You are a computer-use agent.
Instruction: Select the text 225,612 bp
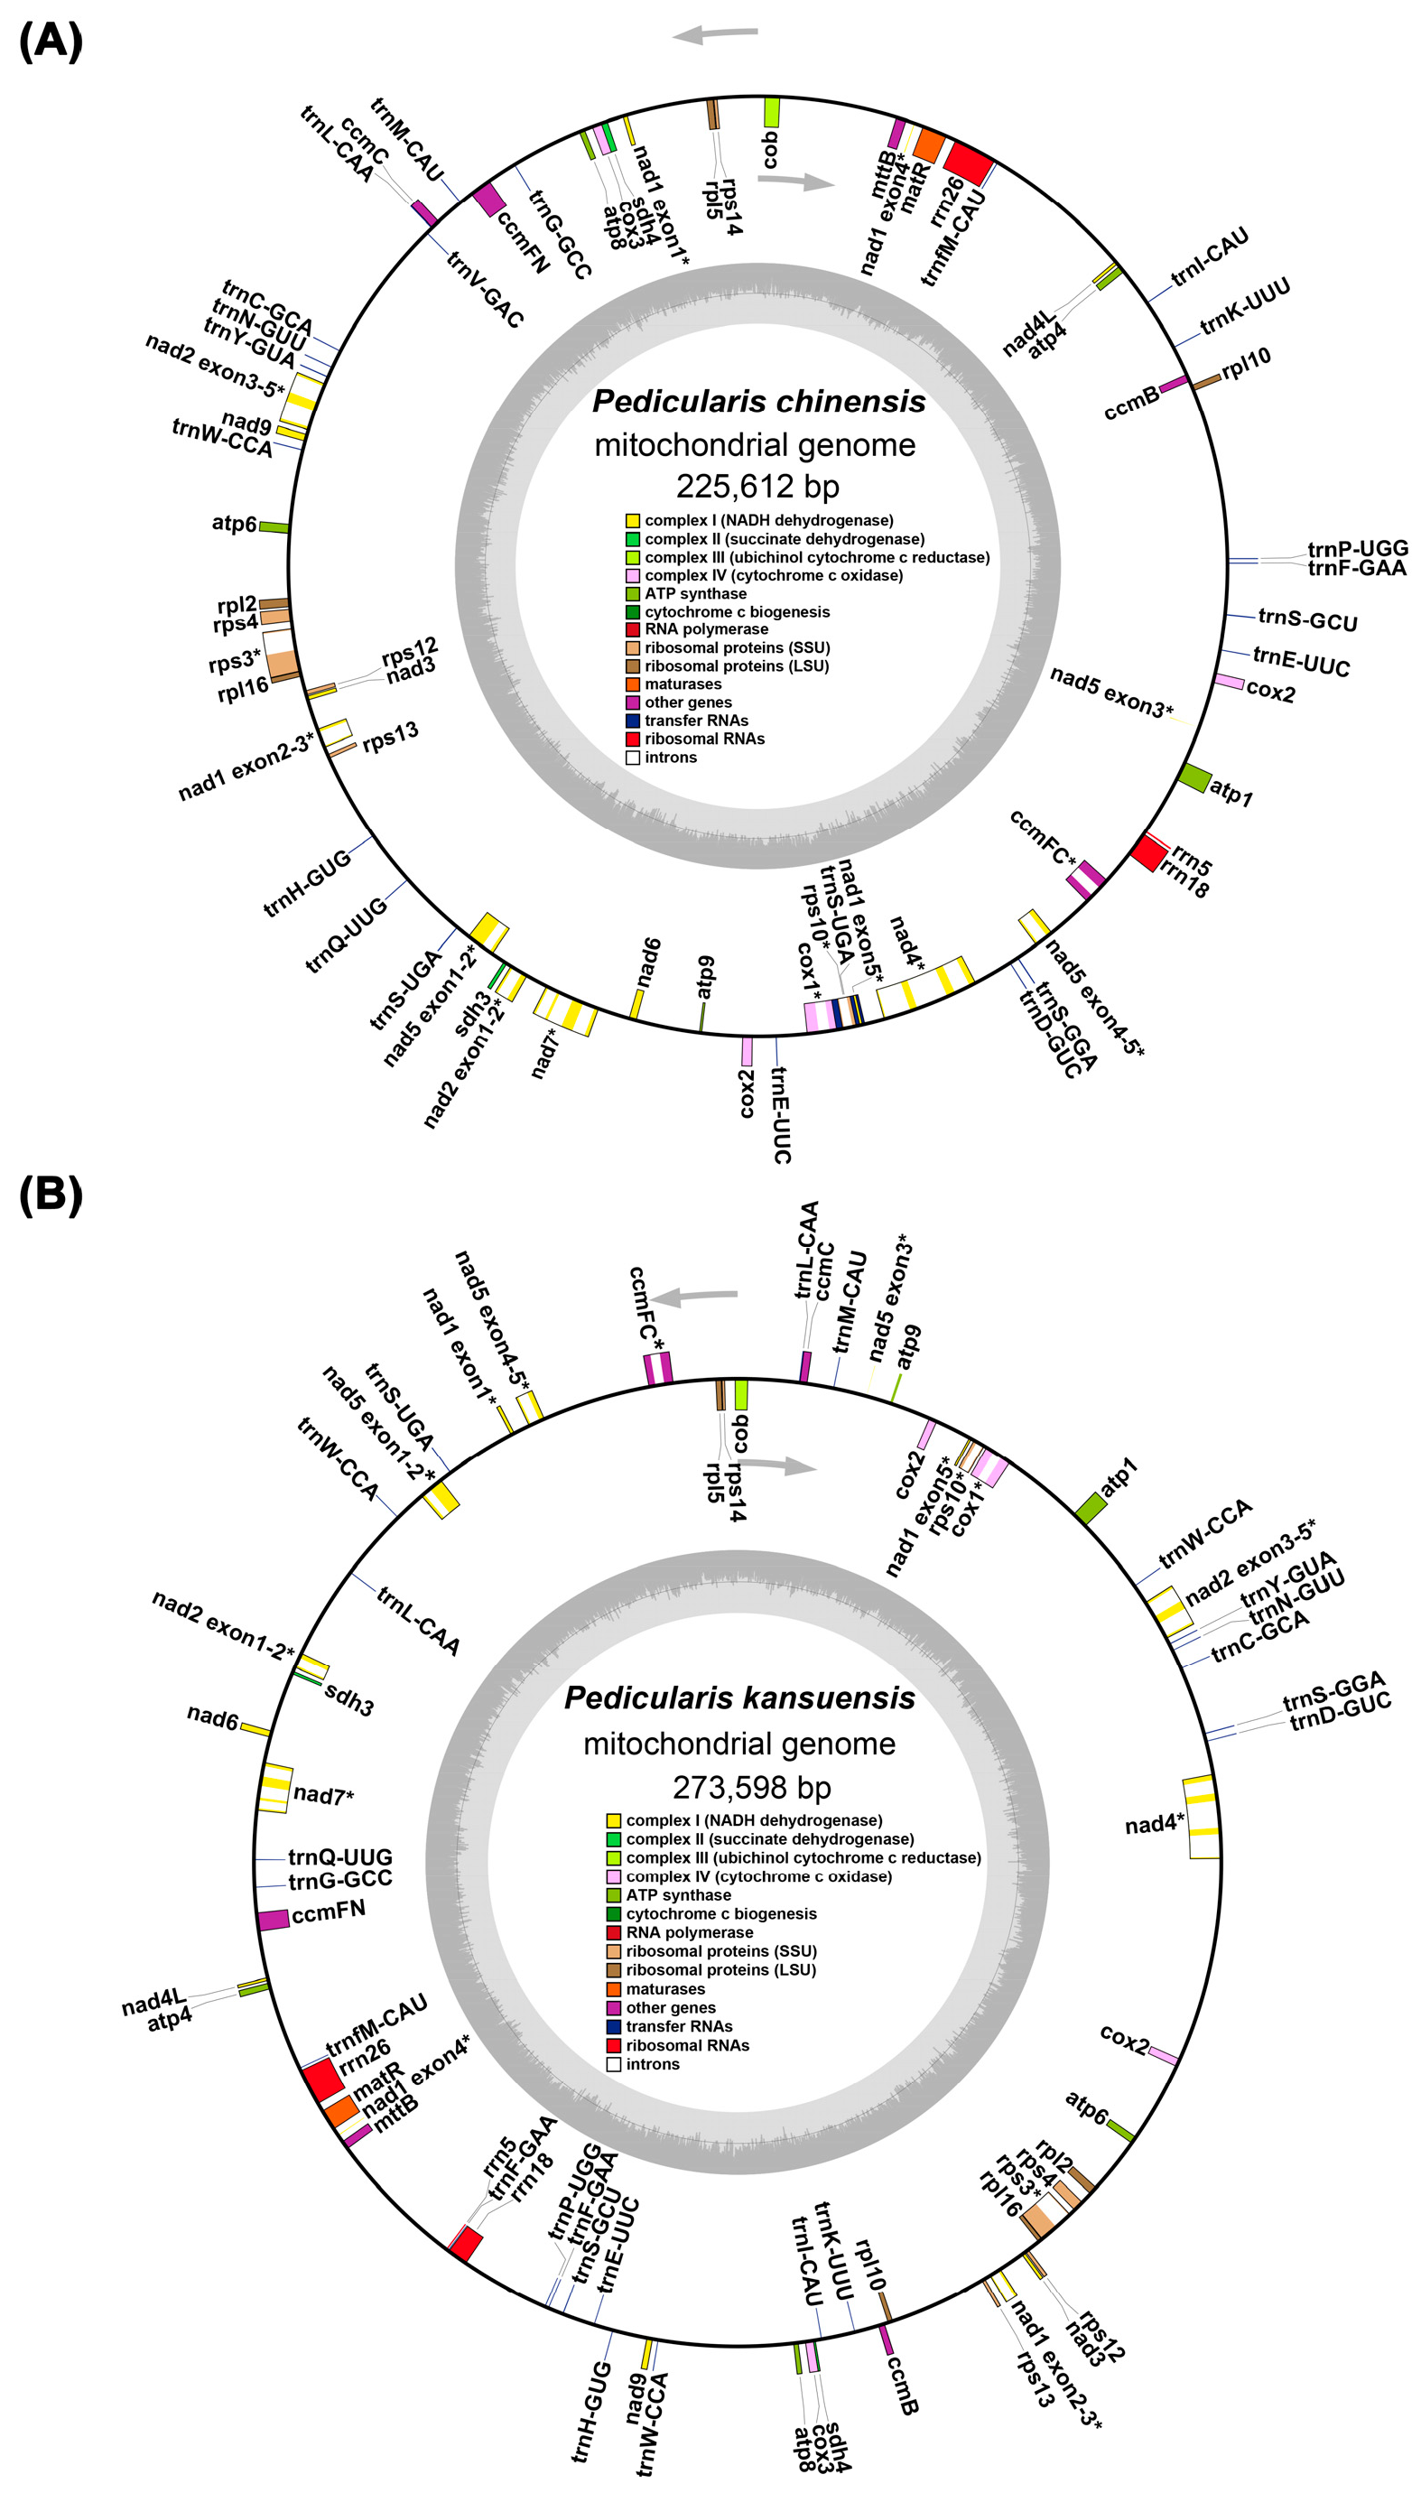tap(757, 486)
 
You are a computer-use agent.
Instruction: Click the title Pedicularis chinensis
tap(758, 401)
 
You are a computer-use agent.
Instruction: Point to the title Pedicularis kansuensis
tap(739, 1698)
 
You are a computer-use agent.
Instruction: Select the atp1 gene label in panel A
tap(1231, 792)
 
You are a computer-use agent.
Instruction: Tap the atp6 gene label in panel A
tap(234, 523)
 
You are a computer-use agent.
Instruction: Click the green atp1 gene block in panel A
tap(1193, 777)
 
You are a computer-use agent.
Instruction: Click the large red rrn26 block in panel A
tap(969, 161)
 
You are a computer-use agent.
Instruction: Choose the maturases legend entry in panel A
tap(683, 684)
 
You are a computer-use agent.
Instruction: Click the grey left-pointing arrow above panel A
tap(714, 34)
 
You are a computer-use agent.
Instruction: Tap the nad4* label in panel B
tap(1155, 1822)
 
